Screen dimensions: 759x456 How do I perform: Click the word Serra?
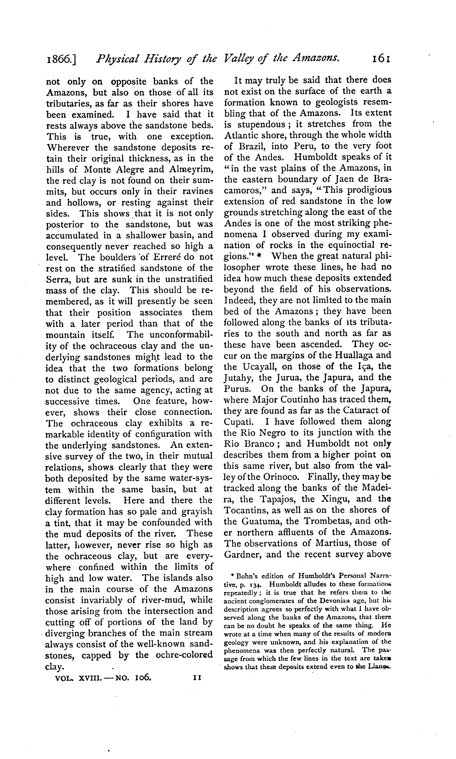tap(57, 279)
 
